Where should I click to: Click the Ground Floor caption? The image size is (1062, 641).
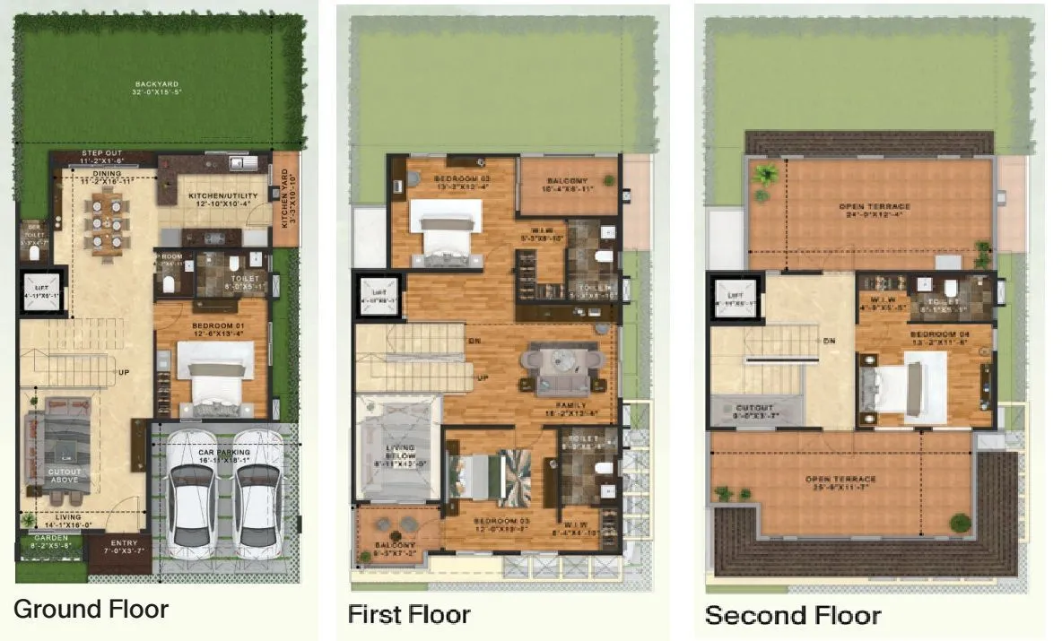point(91,610)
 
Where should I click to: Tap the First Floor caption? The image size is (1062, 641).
point(408,615)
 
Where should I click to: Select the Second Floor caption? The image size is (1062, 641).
point(792,616)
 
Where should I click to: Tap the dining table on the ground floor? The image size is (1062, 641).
point(106,224)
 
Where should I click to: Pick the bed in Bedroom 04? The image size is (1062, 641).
point(903,388)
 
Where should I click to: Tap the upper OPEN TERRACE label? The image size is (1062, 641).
point(869,210)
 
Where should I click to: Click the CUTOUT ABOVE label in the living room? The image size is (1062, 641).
point(64,475)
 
